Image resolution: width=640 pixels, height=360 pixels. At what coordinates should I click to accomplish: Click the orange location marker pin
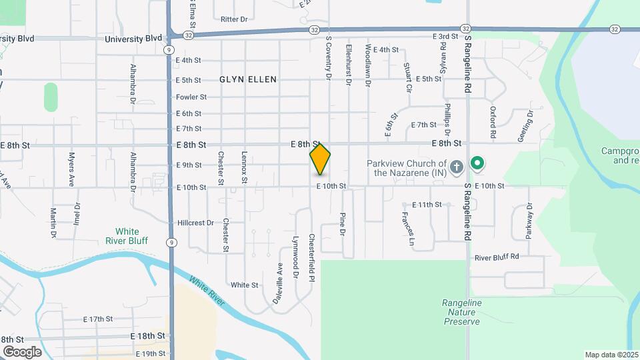[x=320, y=159]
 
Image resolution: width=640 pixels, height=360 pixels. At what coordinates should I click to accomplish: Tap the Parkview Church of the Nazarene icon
[x=456, y=166]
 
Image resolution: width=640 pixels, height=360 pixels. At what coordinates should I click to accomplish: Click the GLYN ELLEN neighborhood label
[x=248, y=79]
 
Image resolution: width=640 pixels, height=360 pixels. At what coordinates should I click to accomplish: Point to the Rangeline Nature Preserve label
[x=461, y=312]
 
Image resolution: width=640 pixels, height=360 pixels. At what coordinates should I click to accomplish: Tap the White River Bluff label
[x=127, y=236]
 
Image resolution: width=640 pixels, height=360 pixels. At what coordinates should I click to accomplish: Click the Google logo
[x=22, y=351]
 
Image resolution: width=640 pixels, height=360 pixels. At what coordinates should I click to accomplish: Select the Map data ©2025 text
[x=611, y=355]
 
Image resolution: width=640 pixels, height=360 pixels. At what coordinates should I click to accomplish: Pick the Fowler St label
[x=191, y=97]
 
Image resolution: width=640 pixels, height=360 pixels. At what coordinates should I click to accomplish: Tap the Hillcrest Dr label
[x=195, y=223]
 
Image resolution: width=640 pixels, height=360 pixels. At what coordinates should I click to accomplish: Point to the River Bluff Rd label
[x=496, y=257]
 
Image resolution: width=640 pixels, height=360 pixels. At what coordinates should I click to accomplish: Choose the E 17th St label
[x=98, y=319]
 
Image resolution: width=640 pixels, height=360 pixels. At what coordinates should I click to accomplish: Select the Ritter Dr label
[x=233, y=19]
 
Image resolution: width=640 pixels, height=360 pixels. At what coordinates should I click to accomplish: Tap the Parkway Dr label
[x=530, y=221]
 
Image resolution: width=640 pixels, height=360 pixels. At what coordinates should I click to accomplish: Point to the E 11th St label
[x=427, y=205]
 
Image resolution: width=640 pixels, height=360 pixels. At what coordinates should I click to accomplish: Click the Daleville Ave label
[x=279, y=283]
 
